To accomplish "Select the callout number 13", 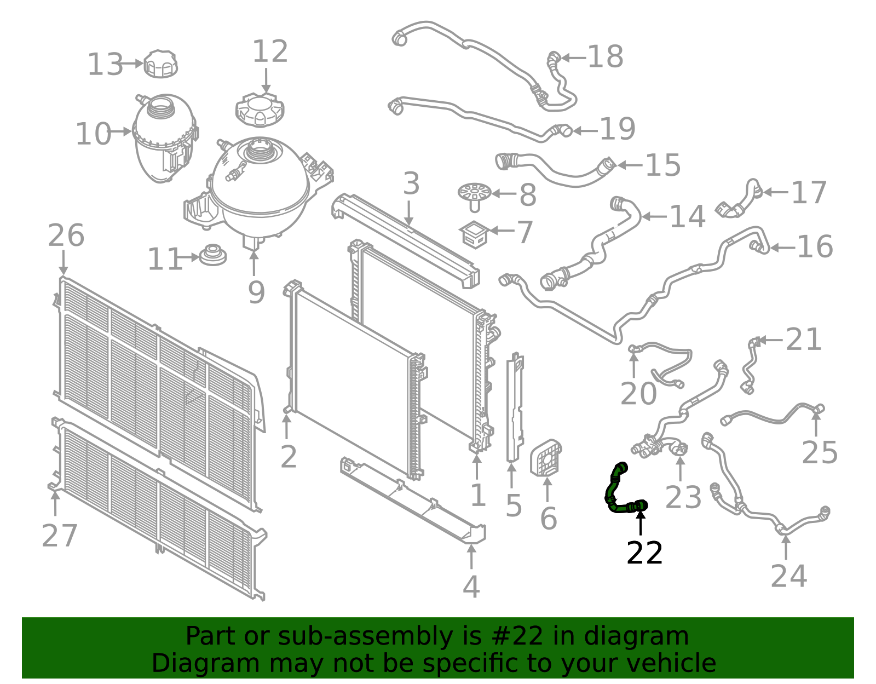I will pos(105,65).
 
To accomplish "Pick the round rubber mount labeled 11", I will pos(212,255).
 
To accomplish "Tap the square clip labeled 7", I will pos(475,234).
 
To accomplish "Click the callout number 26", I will pos(66,235).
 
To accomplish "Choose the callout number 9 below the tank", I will pos(256,292).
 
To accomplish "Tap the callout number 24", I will pos(788,576).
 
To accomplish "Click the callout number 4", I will pos(471,587).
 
